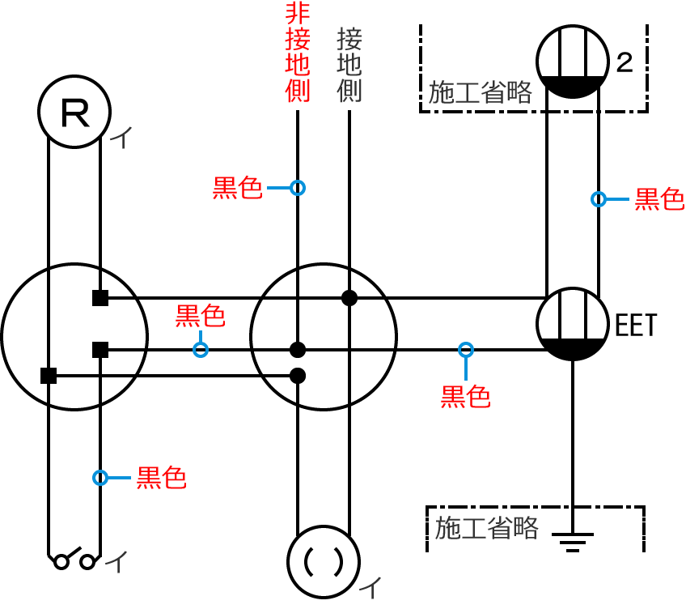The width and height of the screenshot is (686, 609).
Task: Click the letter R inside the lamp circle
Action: coord(75,114)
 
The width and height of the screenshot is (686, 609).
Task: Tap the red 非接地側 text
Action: coord(298,53)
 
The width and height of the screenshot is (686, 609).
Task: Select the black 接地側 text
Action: coord(349,65)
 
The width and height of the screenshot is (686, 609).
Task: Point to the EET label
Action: coord(636,326)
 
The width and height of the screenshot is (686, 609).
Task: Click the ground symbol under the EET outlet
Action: coord(573,539)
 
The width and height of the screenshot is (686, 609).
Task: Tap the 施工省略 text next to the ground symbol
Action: coord(486,529)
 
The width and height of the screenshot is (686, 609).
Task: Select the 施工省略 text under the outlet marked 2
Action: coord(480,92)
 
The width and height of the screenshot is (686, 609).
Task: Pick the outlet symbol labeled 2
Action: coord(573,62)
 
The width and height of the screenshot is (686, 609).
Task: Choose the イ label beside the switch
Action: coord(117,561)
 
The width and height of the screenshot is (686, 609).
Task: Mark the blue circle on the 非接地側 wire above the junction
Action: coord(298,188)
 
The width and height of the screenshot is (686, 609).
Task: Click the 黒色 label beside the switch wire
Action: coord(161,478)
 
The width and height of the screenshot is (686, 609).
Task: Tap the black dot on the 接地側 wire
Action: coord(349,298)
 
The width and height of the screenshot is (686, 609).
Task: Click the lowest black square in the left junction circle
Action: coord(49,376)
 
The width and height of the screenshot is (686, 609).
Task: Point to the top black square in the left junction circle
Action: coord(100,298)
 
